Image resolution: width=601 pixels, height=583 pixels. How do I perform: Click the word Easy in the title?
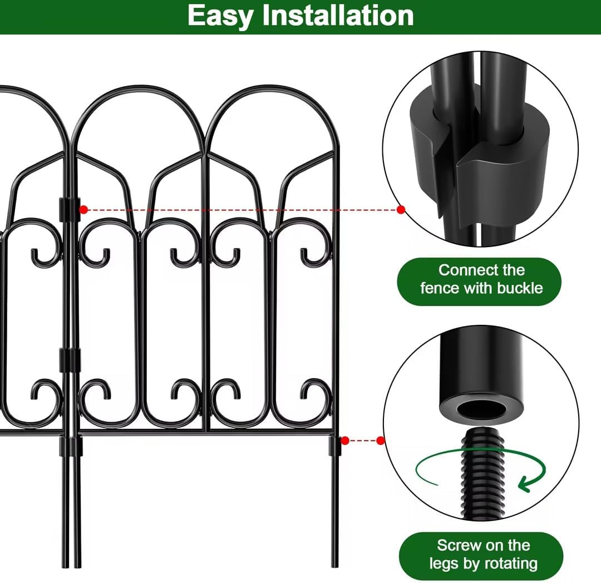pyautogui.click(x=220, y=16)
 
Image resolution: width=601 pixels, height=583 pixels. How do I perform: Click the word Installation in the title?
pyautogui.click(x=338, y=16)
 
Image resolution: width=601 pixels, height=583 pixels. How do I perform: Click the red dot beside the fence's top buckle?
pyautogui.click(x=83, y=210)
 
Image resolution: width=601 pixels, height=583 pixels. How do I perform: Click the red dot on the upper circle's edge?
pyautogui.click(x=401, y=210)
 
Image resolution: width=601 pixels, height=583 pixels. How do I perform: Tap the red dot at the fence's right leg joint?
pyautogui.click(x=345, y=441)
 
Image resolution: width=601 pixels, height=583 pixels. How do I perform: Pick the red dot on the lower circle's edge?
pyautogui.click(x=381, y=441)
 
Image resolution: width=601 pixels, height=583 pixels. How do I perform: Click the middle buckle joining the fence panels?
pyautogui.click(x=70, y=360)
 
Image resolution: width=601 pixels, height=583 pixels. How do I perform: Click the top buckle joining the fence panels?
pyautogui.click(x=70, y=208)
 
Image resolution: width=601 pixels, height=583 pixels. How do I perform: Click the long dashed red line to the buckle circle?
pyautogui.click(x=242, y=210)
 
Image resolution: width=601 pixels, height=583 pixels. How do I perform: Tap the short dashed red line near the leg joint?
pyautogui.click(x=363, y=441)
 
